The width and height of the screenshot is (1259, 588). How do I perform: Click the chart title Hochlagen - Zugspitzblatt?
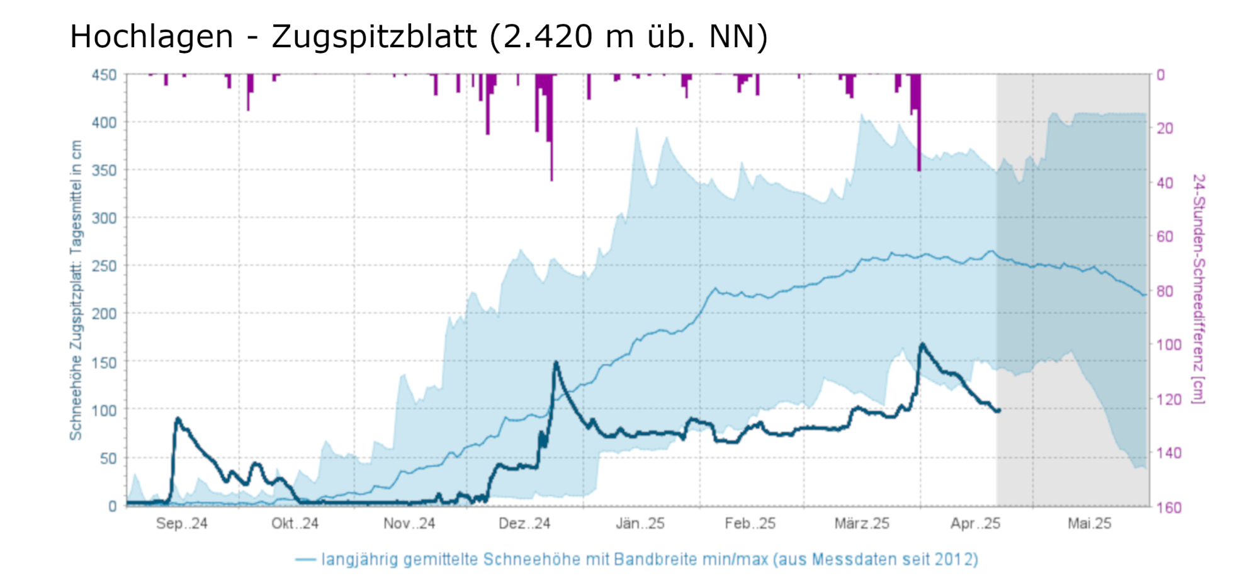tap(418, 37)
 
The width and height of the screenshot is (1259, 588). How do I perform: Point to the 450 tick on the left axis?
tap(104, 75)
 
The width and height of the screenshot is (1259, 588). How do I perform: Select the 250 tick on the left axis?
tap(104, 266)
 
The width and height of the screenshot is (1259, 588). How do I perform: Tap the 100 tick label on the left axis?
tap(104, 410)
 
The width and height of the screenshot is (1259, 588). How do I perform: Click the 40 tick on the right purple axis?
tap(1165, 183)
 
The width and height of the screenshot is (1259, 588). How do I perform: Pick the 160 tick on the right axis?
tap(1168, 507)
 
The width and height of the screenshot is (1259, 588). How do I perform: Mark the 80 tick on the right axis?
tap(1165, 291)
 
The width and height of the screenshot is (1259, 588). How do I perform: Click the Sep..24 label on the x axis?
tap(181, 524)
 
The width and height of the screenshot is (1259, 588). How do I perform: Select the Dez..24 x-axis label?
tap(524, 524)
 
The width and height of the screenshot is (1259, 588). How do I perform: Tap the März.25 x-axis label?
tap(862, 524)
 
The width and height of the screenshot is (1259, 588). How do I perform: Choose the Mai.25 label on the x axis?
tap(1089, 524)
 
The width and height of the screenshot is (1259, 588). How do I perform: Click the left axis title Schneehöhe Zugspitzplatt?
tap(76, 290)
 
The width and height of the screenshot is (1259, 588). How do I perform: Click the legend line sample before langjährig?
tap(305, 560)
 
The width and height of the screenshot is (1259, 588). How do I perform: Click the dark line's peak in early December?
tap(555, 363)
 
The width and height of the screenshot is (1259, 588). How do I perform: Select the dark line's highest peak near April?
tap(922, 344)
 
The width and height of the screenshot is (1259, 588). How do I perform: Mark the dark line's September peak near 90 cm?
tap(178, 418)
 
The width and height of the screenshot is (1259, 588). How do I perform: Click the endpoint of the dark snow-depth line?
tap(998, 411)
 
